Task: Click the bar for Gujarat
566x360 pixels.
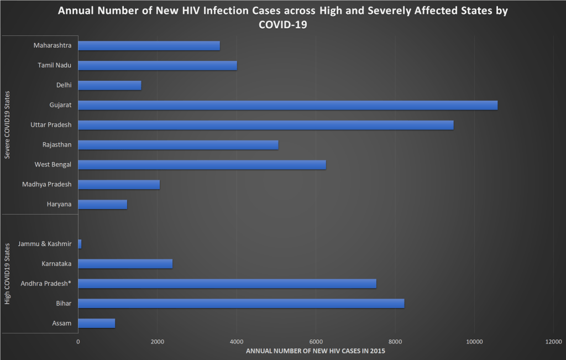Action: click(287, 105)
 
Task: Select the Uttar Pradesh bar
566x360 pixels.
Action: click(265, 125)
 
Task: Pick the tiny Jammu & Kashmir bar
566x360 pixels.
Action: click(80, 244)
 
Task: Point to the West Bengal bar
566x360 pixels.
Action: click(202, 164)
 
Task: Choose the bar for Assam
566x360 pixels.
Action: click(96, 323)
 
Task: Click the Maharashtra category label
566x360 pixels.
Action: click(52, 45)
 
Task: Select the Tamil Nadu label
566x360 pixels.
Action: click(54, 65)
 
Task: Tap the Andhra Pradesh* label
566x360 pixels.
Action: click(46, 284)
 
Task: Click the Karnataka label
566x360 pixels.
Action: click(57, 264)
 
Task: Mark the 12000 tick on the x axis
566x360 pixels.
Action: click(553, 341)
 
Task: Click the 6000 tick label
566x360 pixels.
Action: click(316, 341)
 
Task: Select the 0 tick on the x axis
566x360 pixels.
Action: click(78, 341)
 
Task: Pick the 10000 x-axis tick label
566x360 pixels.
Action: click(474, 341)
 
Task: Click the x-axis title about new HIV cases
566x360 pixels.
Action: click(315, 351)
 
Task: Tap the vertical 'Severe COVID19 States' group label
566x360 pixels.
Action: click(7, 126)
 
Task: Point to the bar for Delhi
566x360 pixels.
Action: click(109, 85)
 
